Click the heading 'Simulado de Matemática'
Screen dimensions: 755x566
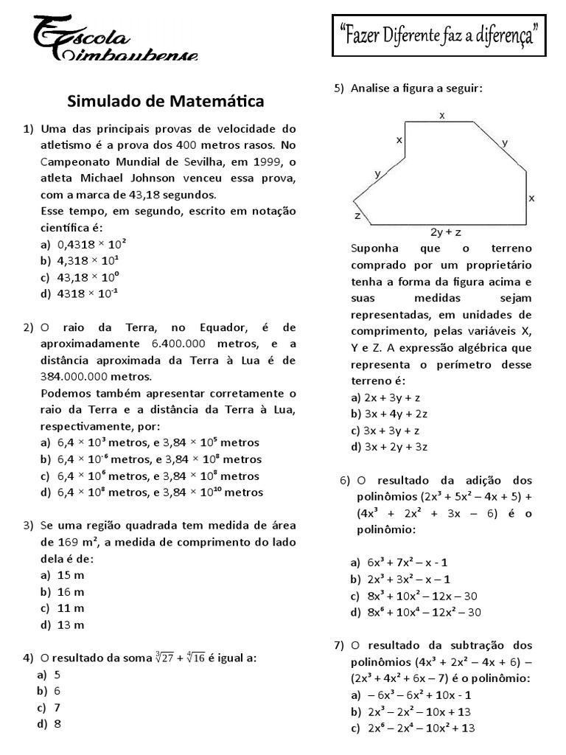[x=166, y=100]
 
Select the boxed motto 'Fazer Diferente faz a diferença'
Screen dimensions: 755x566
[x=439, y=33]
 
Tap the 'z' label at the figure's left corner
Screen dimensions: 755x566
[x=357, y=217]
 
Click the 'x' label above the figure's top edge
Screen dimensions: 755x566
[x=442, y=116]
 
